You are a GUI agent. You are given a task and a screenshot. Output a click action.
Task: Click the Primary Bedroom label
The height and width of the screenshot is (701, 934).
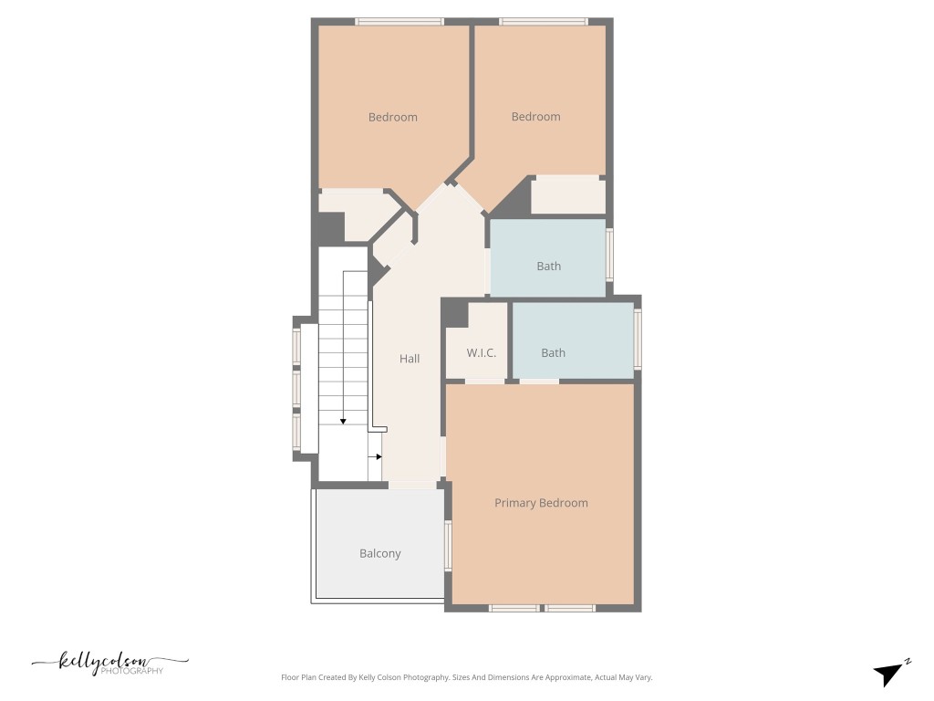[541, 503]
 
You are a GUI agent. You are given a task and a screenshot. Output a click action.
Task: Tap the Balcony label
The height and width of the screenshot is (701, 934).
[379, 553]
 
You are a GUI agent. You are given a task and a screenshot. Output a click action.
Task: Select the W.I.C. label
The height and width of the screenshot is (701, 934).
[482, 352]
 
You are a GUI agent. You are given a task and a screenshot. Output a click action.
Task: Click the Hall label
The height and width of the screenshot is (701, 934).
[410, 359]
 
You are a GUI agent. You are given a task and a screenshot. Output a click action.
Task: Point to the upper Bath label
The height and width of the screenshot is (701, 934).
[548, 267]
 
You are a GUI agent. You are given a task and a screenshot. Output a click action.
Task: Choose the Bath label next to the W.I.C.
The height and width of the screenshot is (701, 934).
[553, 352]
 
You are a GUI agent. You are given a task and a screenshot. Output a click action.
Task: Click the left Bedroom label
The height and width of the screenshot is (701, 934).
[392, 117]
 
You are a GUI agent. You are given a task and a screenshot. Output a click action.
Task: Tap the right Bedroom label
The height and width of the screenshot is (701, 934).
[535, 117]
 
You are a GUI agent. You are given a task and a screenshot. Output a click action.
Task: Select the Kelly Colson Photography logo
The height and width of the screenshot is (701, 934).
[109, 663]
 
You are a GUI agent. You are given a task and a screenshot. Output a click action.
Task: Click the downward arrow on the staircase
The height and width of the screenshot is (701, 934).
[343, 420]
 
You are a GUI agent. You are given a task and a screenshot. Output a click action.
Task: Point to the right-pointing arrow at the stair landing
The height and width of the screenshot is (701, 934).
[377, 456]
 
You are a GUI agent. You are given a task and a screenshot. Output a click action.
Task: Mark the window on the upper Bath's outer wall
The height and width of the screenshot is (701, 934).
[610, 254]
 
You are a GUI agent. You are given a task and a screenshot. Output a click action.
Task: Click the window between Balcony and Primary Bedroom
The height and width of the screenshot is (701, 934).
[448, 545]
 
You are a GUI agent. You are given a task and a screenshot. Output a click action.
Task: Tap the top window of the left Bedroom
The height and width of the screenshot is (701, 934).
[399, 21]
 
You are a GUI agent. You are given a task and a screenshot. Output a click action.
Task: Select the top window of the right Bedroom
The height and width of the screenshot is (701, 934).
[543, 21]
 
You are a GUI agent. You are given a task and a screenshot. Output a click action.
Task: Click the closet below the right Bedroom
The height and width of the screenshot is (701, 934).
[567, 195]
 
